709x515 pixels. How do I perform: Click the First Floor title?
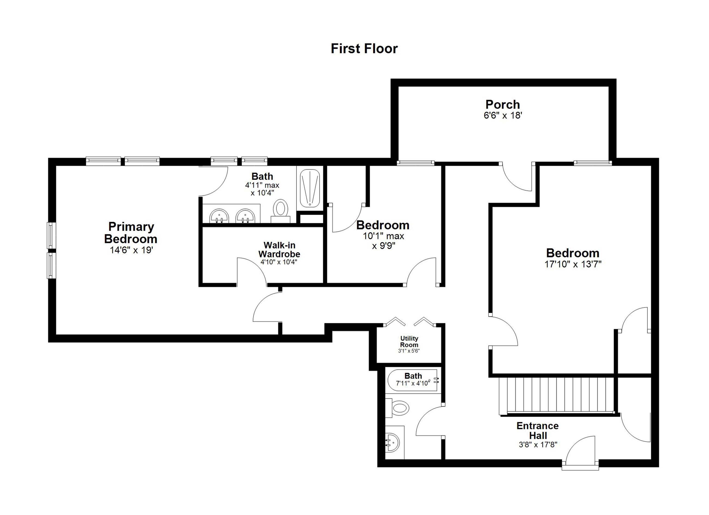click(x=364, y=49)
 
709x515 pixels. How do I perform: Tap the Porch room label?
click(x=503, y=104)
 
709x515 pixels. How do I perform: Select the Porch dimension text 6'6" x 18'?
click(x=503, y=115)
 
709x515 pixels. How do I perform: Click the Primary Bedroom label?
click(x=131, y=233)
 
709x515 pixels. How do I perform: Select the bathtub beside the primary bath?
click(x=310, y=188)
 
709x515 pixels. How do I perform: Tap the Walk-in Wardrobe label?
click(x=279, y=249)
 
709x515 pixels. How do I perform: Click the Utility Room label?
click(x=409, y=342)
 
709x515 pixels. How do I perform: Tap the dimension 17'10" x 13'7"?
click(x=573, y=264)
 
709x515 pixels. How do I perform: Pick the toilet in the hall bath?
click(x=400, y=408)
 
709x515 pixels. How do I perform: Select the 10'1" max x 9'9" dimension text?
click(x=383, y=241)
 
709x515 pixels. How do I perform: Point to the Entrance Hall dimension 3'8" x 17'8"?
click(x=538, y=444)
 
